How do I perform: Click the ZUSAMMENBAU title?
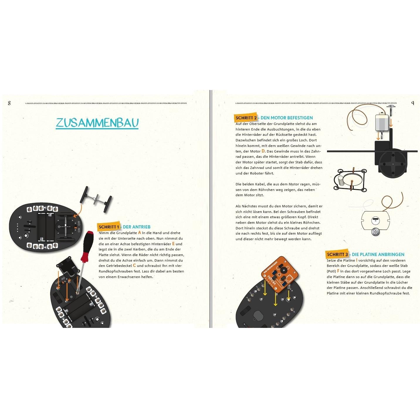pos(97,123)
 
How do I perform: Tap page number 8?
pos(9,103)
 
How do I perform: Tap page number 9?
pos(412,103)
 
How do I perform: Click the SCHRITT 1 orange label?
pos(109,227)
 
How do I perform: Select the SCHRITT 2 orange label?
pos(246,118)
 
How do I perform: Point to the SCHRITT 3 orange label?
pos(337,255)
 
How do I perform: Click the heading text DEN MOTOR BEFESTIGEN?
pos(287,118)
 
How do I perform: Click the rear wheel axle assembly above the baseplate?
pos(96,200)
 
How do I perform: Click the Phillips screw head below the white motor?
pos(375,232)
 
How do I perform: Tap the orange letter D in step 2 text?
pos(263,151)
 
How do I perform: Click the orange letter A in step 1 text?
pos(140,233)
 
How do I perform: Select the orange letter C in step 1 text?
pos(134,265)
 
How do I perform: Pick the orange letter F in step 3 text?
pos(338,271)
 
